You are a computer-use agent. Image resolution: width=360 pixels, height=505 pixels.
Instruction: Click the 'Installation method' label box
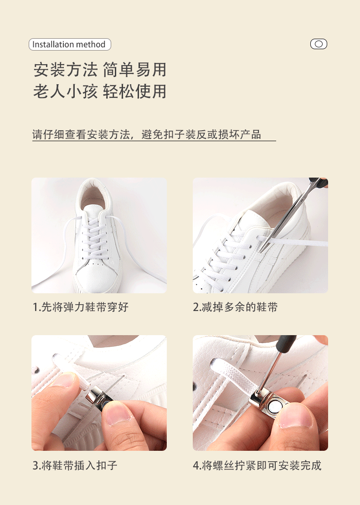70,45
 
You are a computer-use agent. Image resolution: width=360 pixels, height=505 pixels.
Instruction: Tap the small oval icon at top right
319,44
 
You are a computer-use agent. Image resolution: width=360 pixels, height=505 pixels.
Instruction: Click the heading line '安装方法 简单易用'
100,70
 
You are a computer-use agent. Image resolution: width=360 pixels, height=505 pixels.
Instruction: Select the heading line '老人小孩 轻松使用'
100,92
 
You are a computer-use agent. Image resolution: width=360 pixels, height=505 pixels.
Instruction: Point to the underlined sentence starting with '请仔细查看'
147,135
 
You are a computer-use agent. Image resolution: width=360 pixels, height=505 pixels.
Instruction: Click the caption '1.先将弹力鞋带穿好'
81,307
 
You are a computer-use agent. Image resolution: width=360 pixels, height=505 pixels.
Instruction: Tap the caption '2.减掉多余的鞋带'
235,307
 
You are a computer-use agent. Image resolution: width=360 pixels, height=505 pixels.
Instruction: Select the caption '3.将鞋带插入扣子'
75,465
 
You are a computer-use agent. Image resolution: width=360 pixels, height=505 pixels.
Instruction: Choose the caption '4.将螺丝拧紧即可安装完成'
257,465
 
